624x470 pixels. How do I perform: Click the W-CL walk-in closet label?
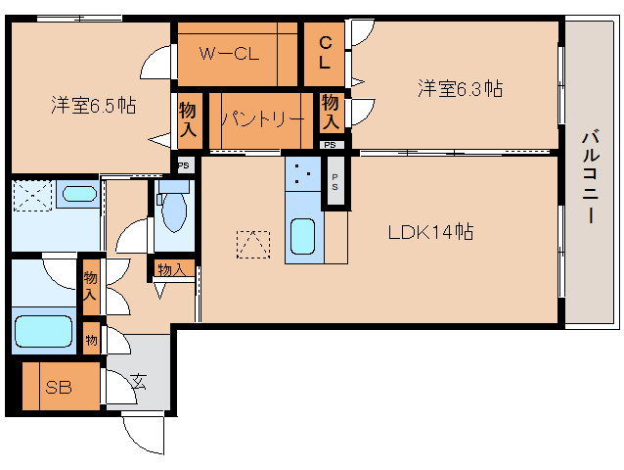point(229,54)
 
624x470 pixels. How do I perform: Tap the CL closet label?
point(325,53)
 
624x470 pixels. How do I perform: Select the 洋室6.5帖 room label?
point(94,105)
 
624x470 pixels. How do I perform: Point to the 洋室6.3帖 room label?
point(460,88)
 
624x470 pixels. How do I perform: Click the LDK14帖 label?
point(430,232)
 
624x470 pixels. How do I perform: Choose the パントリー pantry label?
point(263,118)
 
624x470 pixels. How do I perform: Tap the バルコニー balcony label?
point(591,176)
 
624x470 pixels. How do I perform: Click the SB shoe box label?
point(59,387)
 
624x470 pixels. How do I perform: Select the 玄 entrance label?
point(139,382)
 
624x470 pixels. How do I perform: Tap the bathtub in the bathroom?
point(43,331)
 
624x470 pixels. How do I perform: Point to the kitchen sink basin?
point(303,236)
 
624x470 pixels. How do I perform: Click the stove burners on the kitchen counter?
point(303,174)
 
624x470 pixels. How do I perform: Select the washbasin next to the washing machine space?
point(79,194)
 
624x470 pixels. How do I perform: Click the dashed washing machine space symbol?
point(32,195)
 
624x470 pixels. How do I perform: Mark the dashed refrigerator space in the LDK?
point(253,244)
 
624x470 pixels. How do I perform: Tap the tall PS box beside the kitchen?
point(335,181)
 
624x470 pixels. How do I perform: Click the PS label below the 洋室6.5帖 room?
point(184,164)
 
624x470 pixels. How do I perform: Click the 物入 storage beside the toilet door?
point(171,269)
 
